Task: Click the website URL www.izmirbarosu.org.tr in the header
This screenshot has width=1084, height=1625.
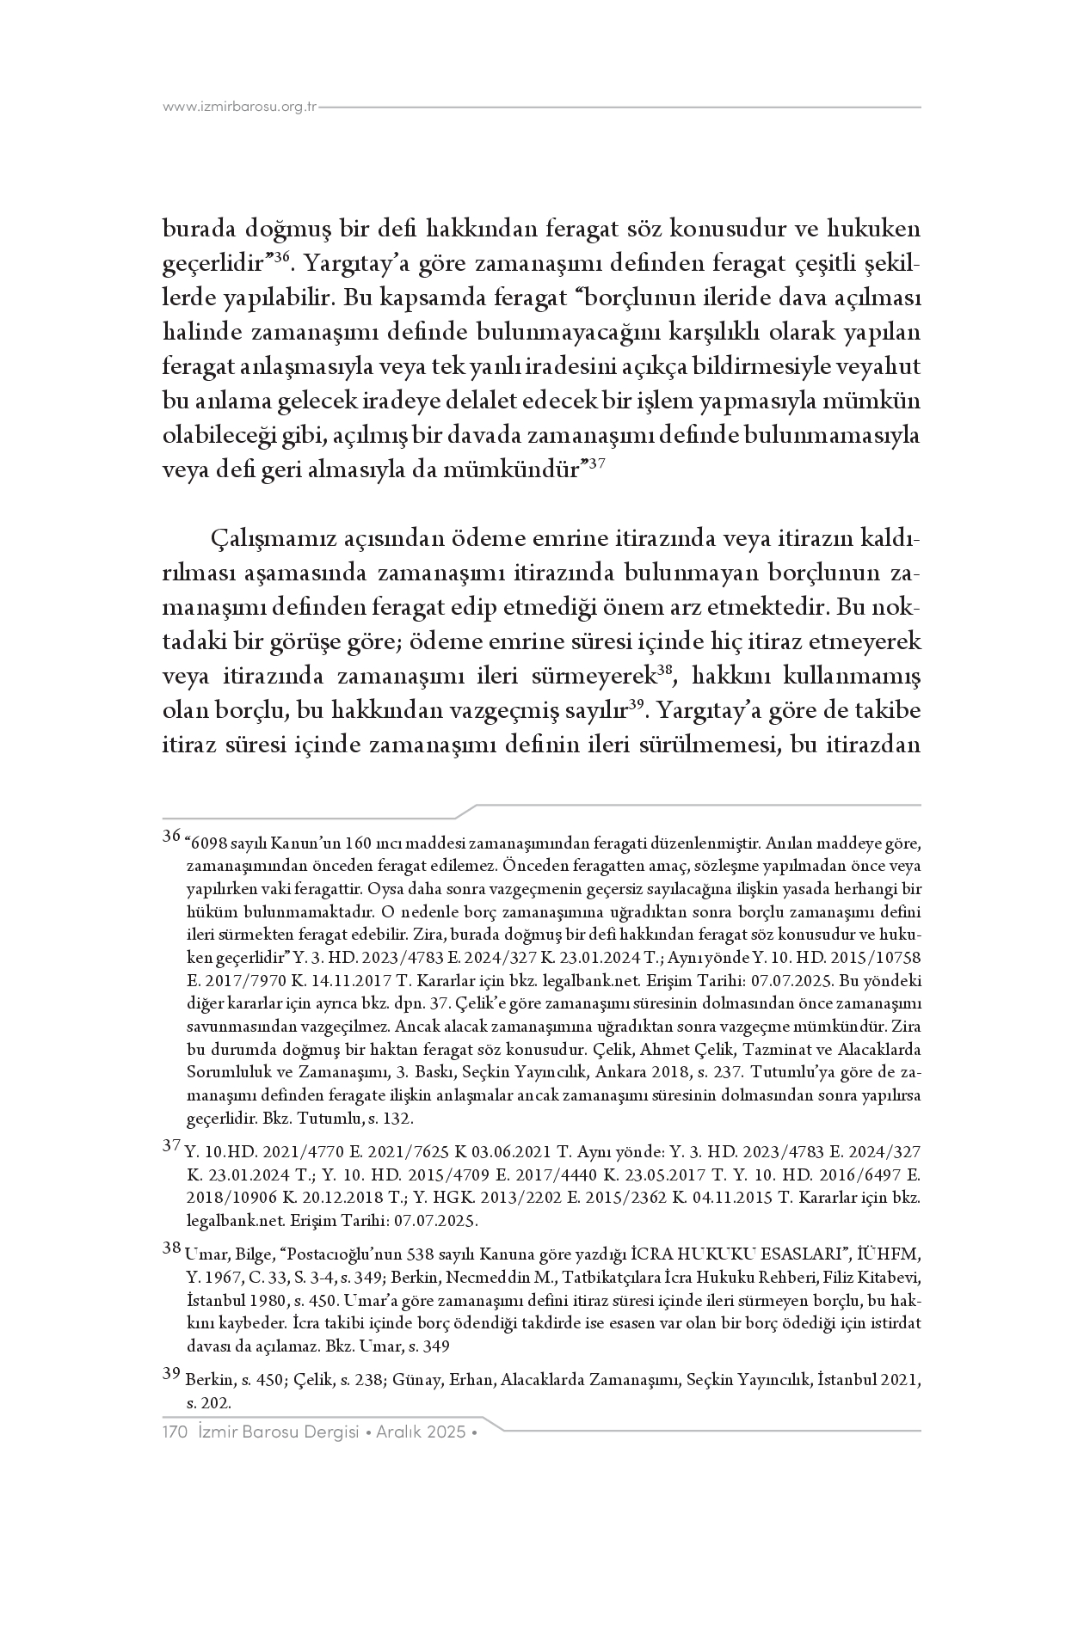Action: click(240, 107)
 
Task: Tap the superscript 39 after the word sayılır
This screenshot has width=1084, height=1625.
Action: click(637, 705)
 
